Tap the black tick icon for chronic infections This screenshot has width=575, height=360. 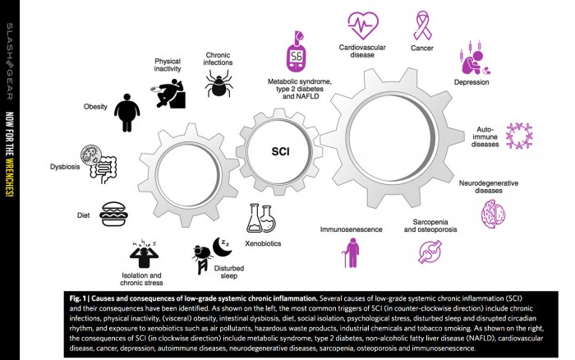(219, 83)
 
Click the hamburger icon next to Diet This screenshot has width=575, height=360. (114, 214)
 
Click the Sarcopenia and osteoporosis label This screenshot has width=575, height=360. (430, 227)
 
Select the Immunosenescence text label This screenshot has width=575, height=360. (349, 229)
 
